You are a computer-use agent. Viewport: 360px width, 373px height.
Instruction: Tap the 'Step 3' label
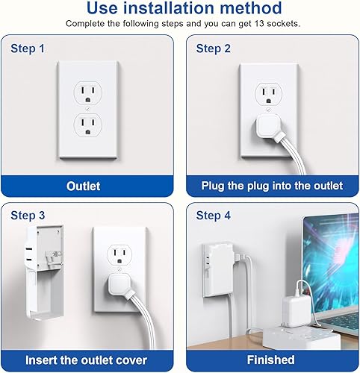27,216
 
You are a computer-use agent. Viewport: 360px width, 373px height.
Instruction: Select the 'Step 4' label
213,216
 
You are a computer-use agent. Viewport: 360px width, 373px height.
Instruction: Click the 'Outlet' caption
89,185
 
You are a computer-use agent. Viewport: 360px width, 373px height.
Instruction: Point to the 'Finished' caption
273,360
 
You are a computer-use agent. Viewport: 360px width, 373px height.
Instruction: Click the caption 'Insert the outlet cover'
89,360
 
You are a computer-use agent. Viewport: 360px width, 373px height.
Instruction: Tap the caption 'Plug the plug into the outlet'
273,185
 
